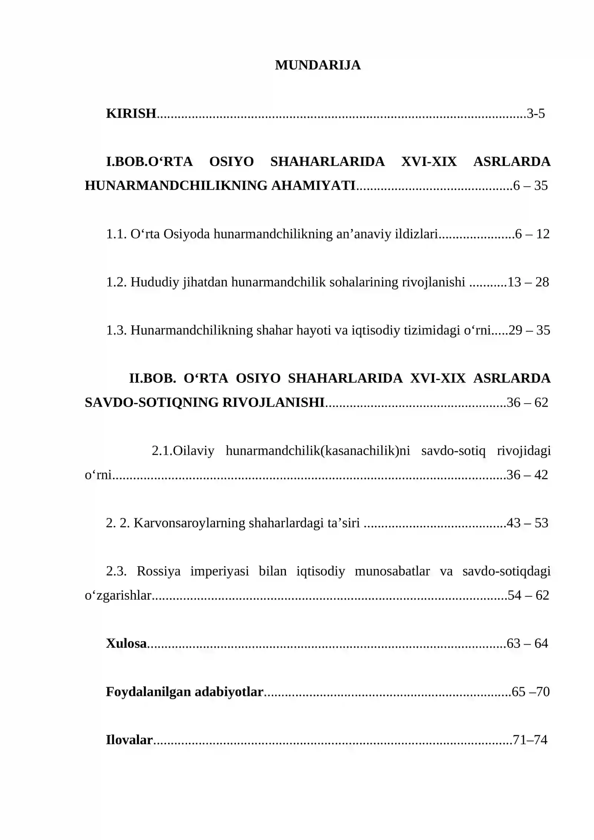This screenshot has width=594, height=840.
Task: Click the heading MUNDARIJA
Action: (317, 65)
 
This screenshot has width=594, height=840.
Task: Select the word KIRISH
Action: (131, 113)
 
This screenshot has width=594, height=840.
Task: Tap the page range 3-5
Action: (536, 113)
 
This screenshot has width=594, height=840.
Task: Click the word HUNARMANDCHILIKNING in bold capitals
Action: (176, 185)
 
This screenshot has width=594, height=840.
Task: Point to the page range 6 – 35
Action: (530, 185)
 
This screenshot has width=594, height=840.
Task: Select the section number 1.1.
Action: (117, 234)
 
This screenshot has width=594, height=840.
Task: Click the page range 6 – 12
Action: (532, 234)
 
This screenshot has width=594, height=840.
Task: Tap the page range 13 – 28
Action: (528, 282)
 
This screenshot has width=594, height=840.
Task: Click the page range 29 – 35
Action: (529, 330)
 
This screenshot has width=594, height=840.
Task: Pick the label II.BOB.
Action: (152, 378)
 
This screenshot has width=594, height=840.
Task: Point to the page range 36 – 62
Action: (527, 403)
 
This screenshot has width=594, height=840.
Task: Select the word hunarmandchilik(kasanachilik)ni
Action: (318, 451)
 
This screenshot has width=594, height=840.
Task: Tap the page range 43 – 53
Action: (527, 523)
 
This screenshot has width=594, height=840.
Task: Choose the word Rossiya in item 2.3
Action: (159, 571)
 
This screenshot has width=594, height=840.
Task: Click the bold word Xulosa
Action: (126, 643)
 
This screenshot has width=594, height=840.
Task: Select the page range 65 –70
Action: (531, 691)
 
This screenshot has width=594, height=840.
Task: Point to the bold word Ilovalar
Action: (129, 740)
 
